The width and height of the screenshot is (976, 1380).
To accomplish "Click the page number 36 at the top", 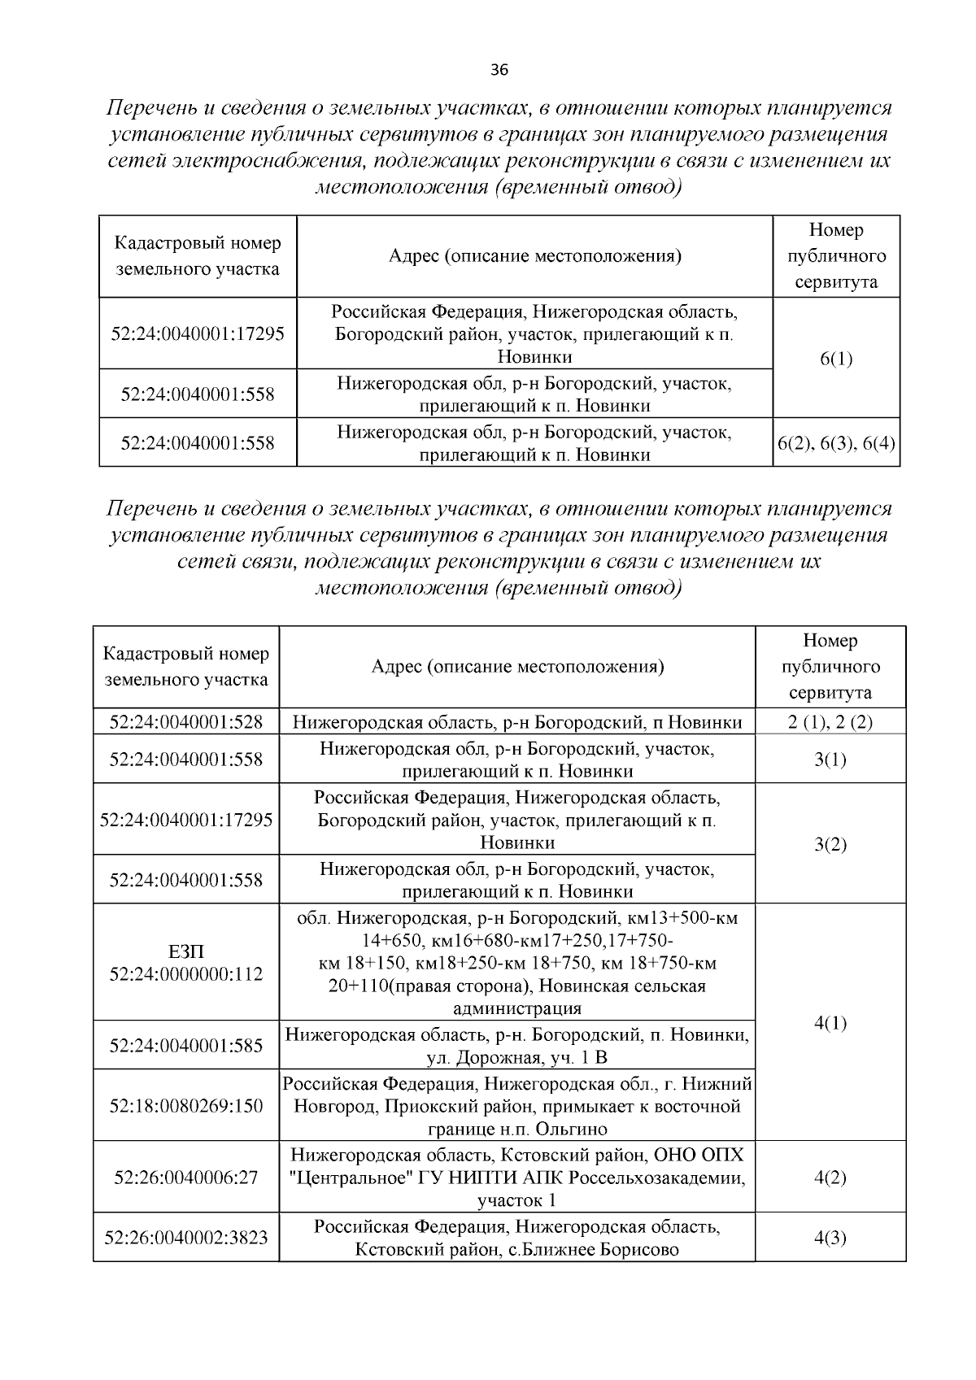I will point(499,70).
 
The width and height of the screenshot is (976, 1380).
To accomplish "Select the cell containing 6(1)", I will point(836,359).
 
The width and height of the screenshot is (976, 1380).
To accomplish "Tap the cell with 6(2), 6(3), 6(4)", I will point(836,443).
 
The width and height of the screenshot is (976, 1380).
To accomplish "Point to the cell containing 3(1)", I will point(830,760).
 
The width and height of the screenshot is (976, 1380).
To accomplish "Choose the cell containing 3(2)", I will point(830,844).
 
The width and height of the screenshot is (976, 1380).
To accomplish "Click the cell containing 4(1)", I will point(830,1023).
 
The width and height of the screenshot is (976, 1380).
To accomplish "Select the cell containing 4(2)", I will point(830,1178).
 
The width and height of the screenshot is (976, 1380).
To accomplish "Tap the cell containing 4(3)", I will point(830,1239).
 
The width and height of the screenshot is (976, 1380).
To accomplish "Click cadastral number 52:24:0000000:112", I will point(186,974).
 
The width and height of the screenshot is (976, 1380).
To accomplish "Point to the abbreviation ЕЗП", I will point(186,951).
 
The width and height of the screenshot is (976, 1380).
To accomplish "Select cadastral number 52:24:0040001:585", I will point(186,1046).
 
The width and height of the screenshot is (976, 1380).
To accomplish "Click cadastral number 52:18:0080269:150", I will point(186,1106).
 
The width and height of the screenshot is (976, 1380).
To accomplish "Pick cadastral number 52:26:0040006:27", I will point(186,1178).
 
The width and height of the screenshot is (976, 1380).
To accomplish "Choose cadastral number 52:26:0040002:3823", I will point(186,1239).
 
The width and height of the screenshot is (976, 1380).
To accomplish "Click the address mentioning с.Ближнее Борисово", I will point(516,1239).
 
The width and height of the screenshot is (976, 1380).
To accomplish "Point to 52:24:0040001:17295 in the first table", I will point(198,334).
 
